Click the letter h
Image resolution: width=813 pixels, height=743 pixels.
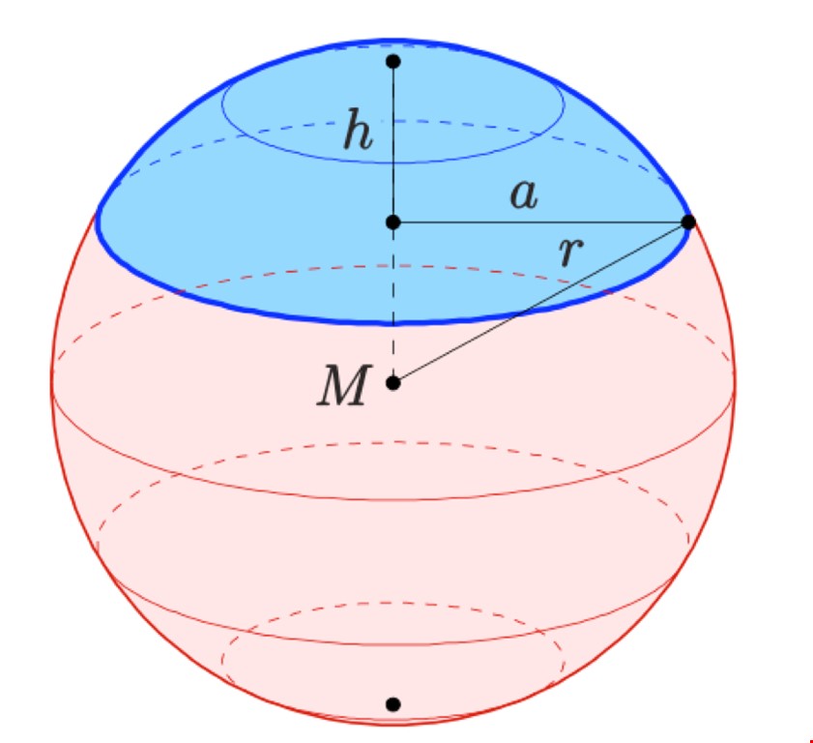point(358,129)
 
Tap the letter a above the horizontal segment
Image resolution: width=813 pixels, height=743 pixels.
point(524,195)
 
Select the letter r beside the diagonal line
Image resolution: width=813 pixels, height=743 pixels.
point(571,252)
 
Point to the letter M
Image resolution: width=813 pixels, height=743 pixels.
point(345,385)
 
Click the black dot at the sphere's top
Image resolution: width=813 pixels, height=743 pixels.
point(393,61)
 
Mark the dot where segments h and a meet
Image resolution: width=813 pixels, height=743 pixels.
point(393,223)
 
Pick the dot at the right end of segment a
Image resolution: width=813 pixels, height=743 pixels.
point(688,223)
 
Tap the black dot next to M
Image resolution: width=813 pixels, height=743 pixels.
point(393,383)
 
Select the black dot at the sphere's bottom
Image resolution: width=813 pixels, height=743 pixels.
point(393,704)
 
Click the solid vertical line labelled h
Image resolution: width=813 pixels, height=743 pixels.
point(393,141)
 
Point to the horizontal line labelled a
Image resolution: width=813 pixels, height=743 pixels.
point(540,223)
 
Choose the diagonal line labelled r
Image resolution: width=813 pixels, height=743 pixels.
point(540,303)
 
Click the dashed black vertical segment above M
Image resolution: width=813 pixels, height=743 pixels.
point(393,303)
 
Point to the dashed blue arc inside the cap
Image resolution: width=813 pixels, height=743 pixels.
point(393,120)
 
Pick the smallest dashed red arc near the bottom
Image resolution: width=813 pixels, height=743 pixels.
point(393,603)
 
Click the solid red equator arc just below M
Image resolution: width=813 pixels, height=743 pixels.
point(393,499)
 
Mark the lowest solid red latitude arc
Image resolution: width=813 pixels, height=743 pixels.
point(393,645)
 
